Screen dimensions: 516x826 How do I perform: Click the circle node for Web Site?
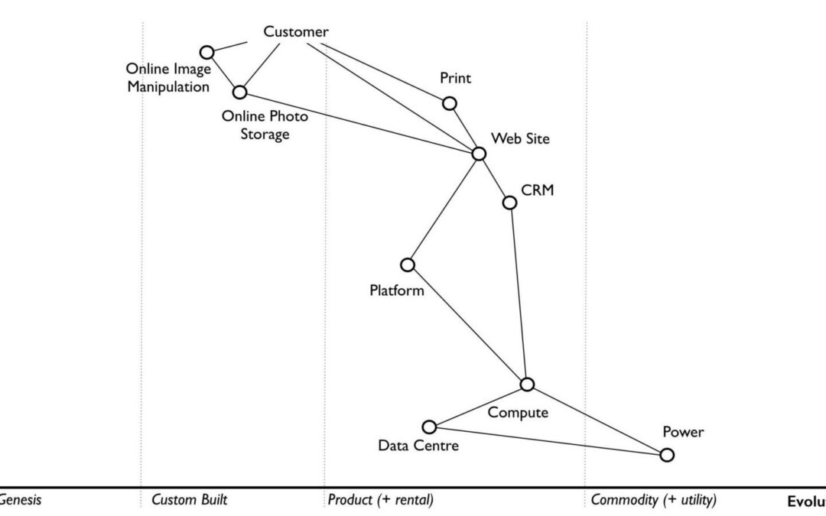[x=479, y=154]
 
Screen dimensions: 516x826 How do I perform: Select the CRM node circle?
[x=509, y=203]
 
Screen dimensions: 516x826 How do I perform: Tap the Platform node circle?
[x=408, y=264]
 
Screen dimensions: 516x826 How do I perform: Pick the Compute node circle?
[x=526, y=385]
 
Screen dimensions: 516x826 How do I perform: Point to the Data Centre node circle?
[x=430, y=427]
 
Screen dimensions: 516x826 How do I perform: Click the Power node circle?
[x=667, y=455]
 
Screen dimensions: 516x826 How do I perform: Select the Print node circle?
[x=450, y=103]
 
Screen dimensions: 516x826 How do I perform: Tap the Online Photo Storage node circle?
[x=240, y=92]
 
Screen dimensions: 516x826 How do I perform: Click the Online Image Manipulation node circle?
[x=206, y=52]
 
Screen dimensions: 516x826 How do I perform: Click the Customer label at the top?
[x=296, y=32]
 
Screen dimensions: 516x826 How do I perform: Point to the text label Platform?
[x=396, y=290]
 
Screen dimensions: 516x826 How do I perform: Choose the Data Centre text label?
[x=418, y=445]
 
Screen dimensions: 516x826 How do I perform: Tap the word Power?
[x=683, y=433]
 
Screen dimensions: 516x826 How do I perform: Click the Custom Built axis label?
[x=190, y=501]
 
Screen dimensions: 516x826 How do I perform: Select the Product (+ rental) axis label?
[x=381, y=501]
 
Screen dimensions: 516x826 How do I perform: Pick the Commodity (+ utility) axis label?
[x=653, y=501]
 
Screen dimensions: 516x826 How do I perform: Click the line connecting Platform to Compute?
[x=467, y=324]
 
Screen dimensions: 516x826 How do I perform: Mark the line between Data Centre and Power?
[x=548, y=441]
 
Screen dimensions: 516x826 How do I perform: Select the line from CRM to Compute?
[x=518, y=294]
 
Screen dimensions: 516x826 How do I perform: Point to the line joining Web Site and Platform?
[x=444, y=209]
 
